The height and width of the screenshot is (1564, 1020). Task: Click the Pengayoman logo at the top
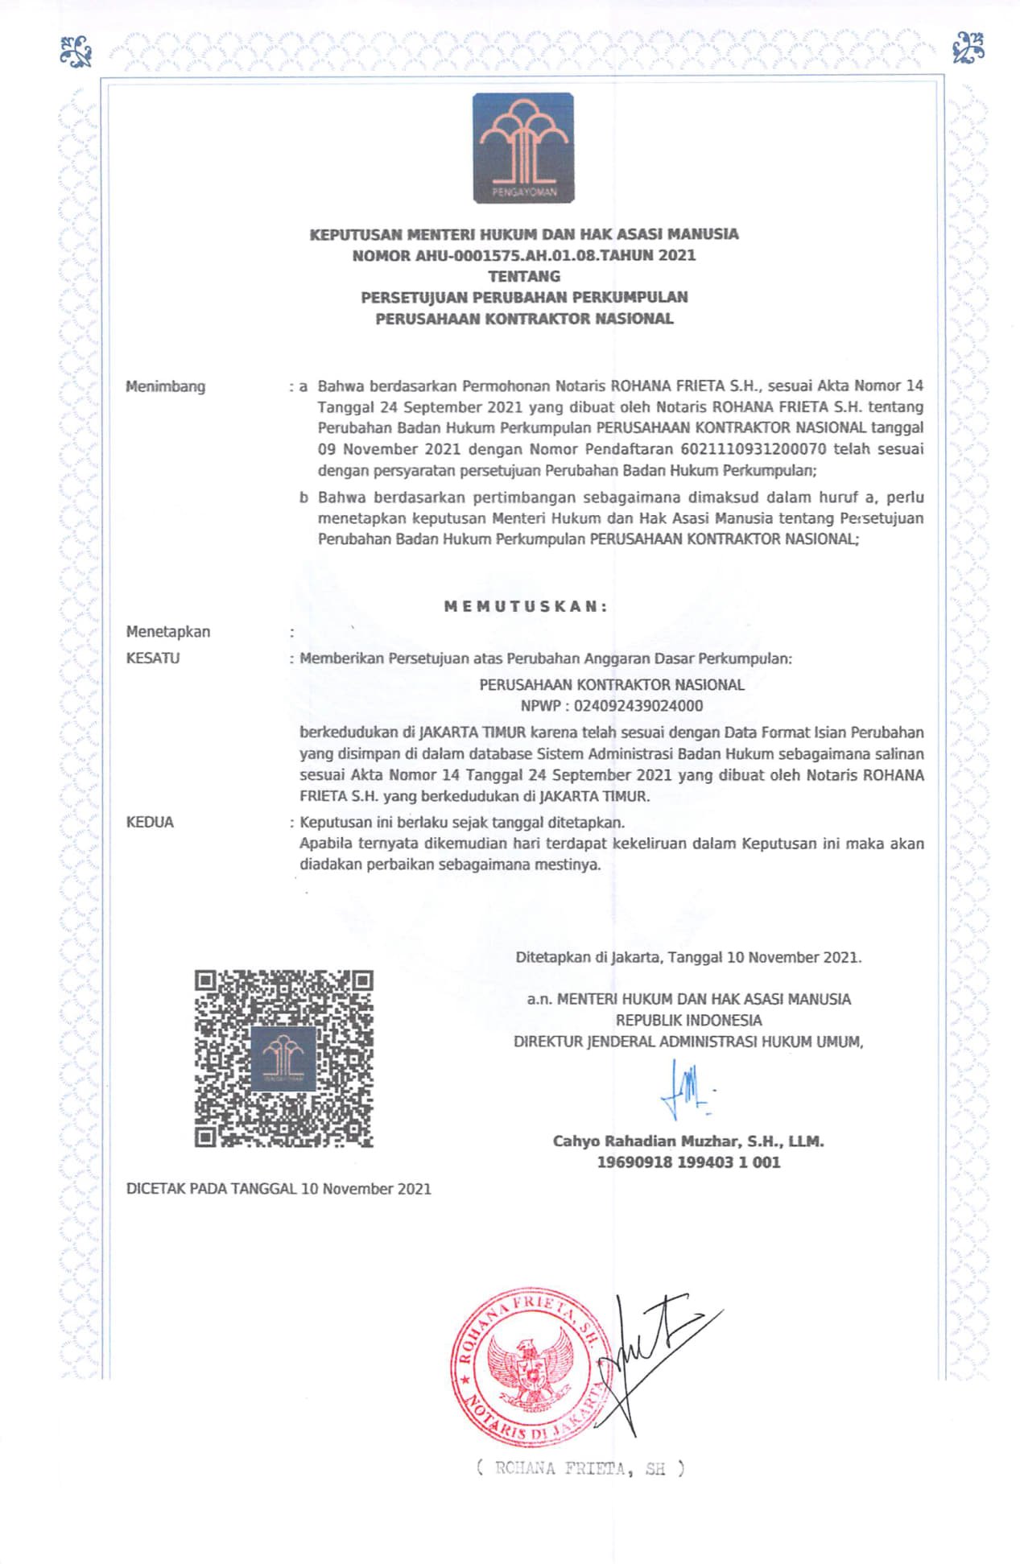point(523,147)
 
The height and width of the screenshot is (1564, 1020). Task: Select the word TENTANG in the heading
point(524,276)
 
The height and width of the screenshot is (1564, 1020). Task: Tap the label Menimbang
point(165,386)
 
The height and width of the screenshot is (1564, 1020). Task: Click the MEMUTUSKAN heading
point(526,607)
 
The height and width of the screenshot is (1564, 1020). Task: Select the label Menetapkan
point(168,632)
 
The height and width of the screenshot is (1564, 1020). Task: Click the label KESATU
point(153,658)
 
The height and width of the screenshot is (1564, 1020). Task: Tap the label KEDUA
point(150,823)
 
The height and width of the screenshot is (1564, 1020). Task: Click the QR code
point(283,1058)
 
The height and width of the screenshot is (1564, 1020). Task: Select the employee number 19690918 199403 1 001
point(688,1162)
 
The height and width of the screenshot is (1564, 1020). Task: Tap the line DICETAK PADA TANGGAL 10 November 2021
point(279,1189)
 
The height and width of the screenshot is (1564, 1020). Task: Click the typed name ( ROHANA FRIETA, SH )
point(580,1468)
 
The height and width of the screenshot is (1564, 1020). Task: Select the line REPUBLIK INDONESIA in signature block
point(688,1020)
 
